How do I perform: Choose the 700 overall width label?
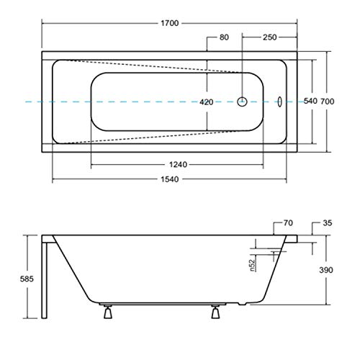[x=328, y=102]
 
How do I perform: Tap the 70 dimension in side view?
[x=288, y=224]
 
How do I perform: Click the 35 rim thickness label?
[x=328, y=224]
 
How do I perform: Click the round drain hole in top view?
[x=243, y=102]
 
